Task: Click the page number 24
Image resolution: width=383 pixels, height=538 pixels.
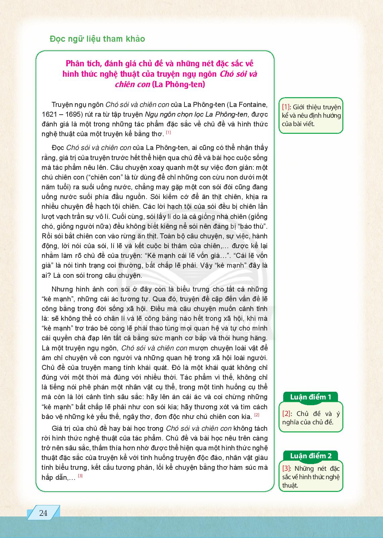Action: tap(43, 513)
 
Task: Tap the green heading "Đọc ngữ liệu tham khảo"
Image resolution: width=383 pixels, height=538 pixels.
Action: tap(97, 39)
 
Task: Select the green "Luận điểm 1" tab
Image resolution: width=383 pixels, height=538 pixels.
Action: tap(310, 397)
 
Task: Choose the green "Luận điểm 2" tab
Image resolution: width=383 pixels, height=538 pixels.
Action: tap(310, 456)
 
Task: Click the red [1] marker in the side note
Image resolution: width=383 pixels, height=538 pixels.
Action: tap(286, 107)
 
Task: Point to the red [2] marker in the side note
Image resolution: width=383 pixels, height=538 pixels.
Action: tap(286, 414)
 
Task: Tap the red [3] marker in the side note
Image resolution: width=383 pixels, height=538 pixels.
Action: tap(286, 468)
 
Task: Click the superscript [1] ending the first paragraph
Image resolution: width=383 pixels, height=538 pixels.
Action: tap(168, 132)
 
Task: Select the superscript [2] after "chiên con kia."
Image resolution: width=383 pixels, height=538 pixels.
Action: tap(257, 415)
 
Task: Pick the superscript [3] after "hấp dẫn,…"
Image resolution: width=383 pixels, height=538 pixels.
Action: tap(80, 476)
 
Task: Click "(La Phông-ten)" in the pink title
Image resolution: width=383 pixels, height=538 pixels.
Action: tap(178, 84)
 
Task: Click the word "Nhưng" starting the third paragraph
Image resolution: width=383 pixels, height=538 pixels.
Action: tap(61, 289)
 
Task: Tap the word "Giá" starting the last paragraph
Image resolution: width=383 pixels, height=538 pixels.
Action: tap(57, 429)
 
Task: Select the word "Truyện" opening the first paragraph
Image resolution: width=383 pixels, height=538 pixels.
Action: tap(62, 105)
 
